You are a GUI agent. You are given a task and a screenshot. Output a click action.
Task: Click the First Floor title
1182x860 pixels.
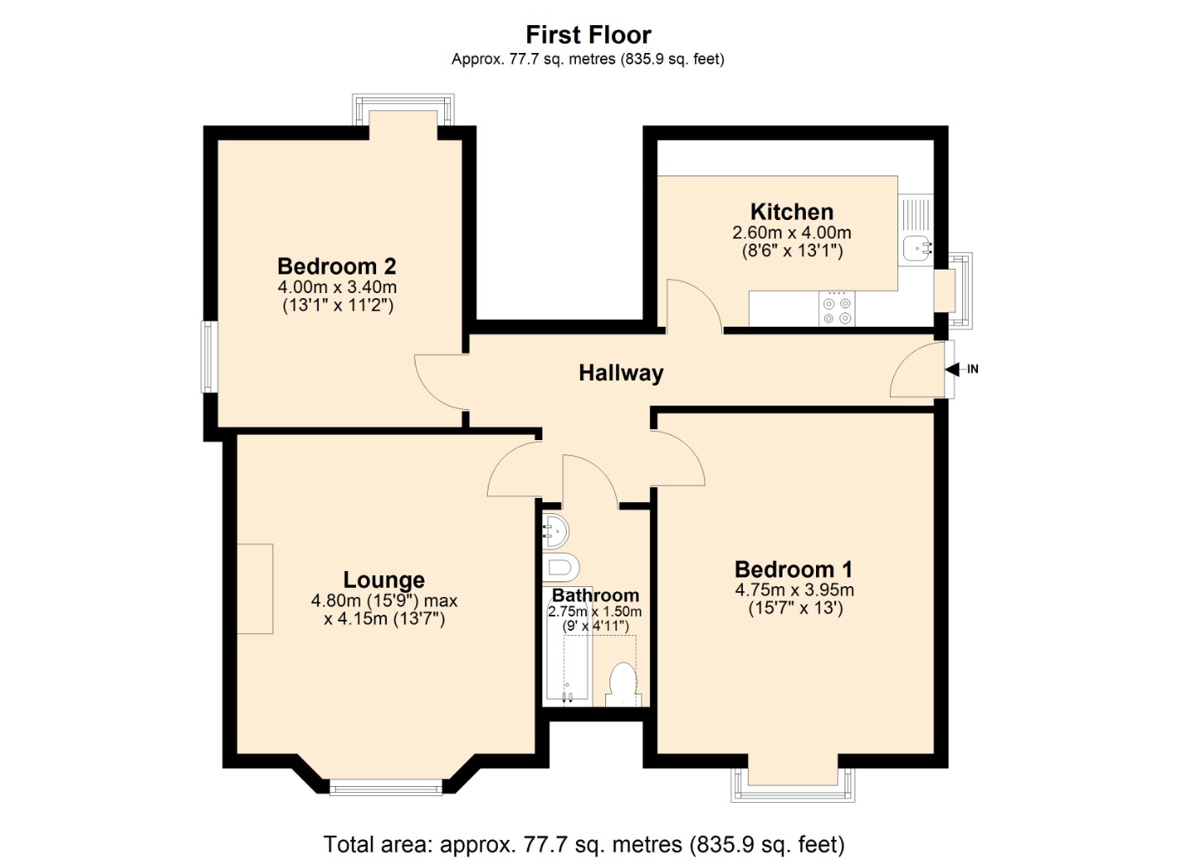click(588, 34)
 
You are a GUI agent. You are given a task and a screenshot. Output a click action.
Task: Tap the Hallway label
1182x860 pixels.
click(620, 373)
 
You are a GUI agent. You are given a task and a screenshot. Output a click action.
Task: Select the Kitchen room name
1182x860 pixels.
click(791, 212)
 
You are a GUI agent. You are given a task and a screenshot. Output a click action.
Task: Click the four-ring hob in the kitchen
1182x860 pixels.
click(836, 310)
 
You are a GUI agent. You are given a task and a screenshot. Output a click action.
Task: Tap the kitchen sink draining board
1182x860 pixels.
click(914, 214)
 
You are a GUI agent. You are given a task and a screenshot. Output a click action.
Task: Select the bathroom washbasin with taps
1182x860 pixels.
click(555, 531)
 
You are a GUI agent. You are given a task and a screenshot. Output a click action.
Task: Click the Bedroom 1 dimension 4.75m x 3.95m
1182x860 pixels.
click(794, 590)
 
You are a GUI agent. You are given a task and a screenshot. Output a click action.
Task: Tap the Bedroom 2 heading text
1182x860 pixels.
click(337, 266)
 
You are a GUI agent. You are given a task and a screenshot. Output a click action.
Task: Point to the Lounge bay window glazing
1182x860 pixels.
click(385, 787)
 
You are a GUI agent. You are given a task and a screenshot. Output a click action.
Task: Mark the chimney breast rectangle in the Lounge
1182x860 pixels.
click(255, 588)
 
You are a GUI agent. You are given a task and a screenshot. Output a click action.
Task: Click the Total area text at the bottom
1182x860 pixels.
click(583, 843)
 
